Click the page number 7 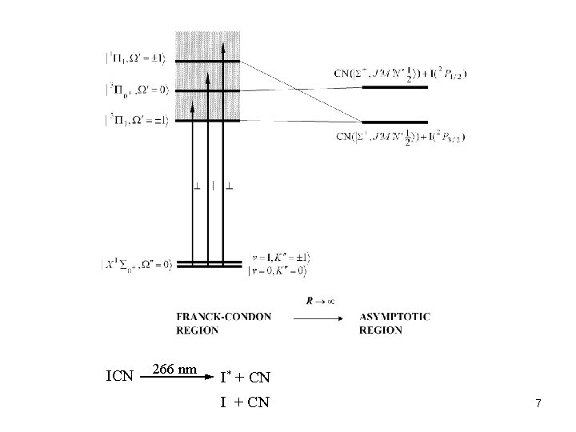(x=538, y=405)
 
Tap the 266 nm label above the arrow (x=177, y=370)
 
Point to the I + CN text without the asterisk (x=246, y=402)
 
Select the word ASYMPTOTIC (x=394, y=316)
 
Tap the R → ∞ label (x=319, y=301)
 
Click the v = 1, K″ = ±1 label (x=279, y=258)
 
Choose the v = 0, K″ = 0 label (x=279, y=270)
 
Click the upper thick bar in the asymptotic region (x=394, y=88)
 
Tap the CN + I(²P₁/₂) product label (x=400, y=74)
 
